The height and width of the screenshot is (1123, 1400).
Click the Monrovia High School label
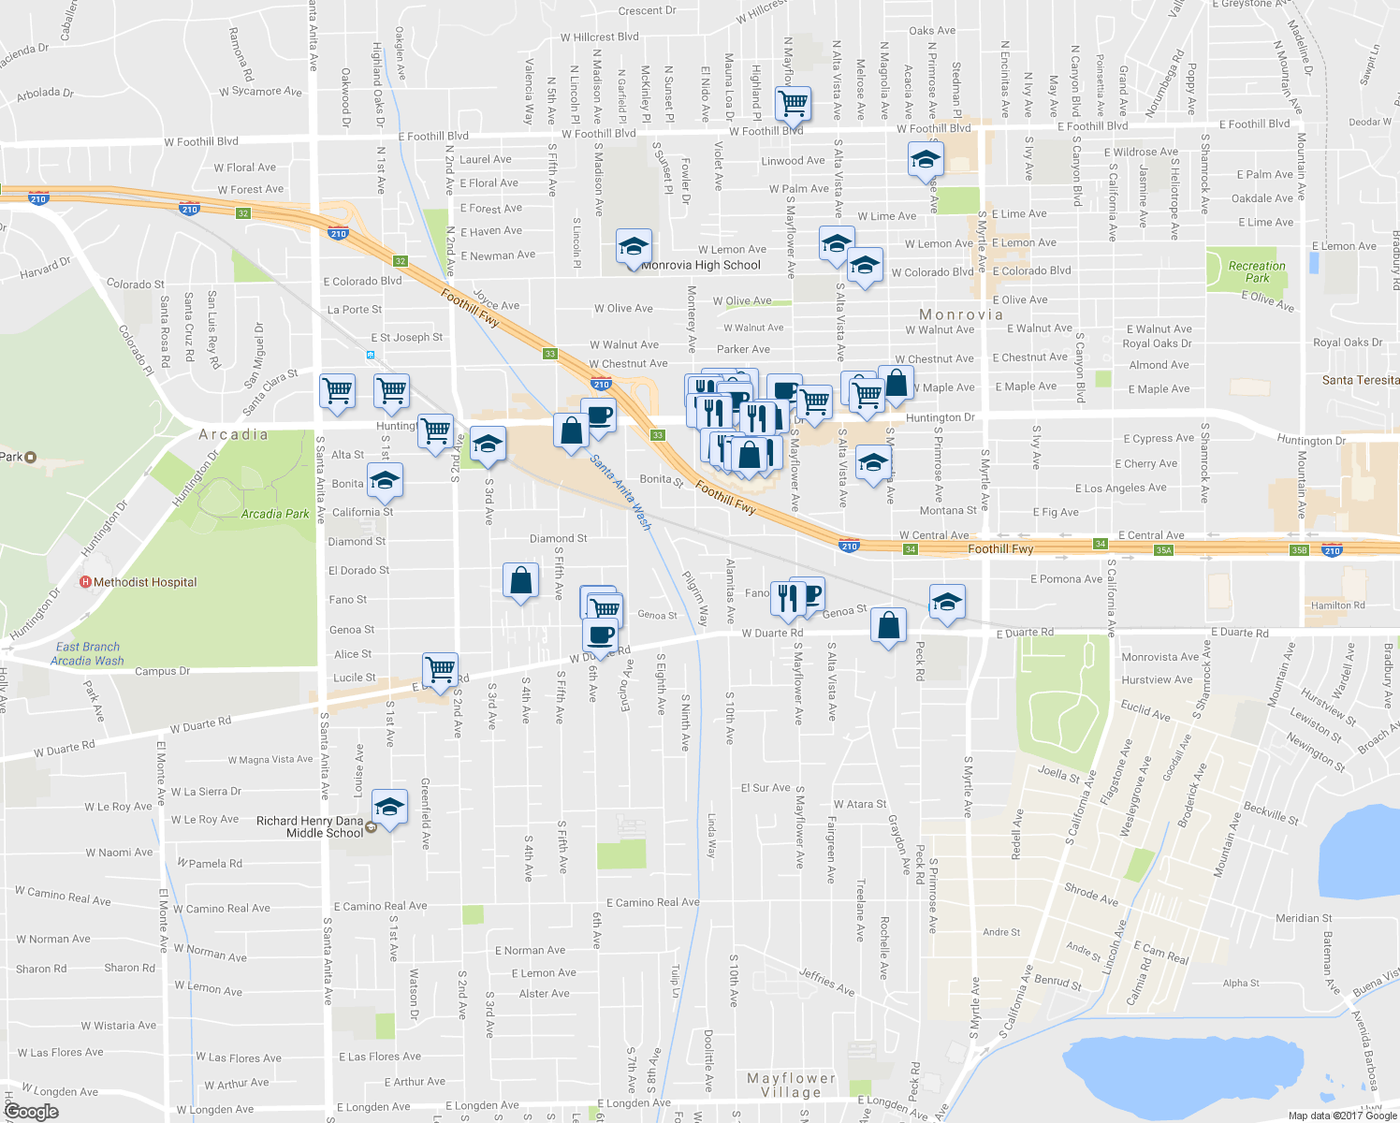(x=702, y=265)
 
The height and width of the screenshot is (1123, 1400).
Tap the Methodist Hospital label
(x=145, y=582)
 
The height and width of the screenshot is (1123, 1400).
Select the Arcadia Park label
(x=275, y=514)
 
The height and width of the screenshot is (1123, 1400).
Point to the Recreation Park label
(x=1257, y=271)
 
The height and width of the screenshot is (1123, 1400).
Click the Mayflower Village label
(x=791, y=1085)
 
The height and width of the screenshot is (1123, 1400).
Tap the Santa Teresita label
(x=1360, y=380)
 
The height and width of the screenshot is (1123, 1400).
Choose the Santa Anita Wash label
(x=620, y=491)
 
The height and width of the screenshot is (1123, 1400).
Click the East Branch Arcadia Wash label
(x=87, y=653)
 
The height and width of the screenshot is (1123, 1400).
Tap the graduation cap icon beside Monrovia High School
(x=634, y=246)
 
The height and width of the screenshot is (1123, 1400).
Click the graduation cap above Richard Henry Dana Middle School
(x=389, y=807)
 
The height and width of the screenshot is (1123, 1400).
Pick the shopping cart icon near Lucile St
(x=440, y=669)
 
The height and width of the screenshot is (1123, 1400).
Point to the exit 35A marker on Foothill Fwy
(x=1163, y=550)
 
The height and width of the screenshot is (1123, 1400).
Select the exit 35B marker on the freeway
(x=1299, y=550)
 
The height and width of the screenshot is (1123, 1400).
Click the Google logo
(x=31, y=1112)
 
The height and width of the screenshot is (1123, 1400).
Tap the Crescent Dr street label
(x=647, y=11)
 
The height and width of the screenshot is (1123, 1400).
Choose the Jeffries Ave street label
(x=826, y=982)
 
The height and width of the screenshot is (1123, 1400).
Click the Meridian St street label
(x=1304, y=918)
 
